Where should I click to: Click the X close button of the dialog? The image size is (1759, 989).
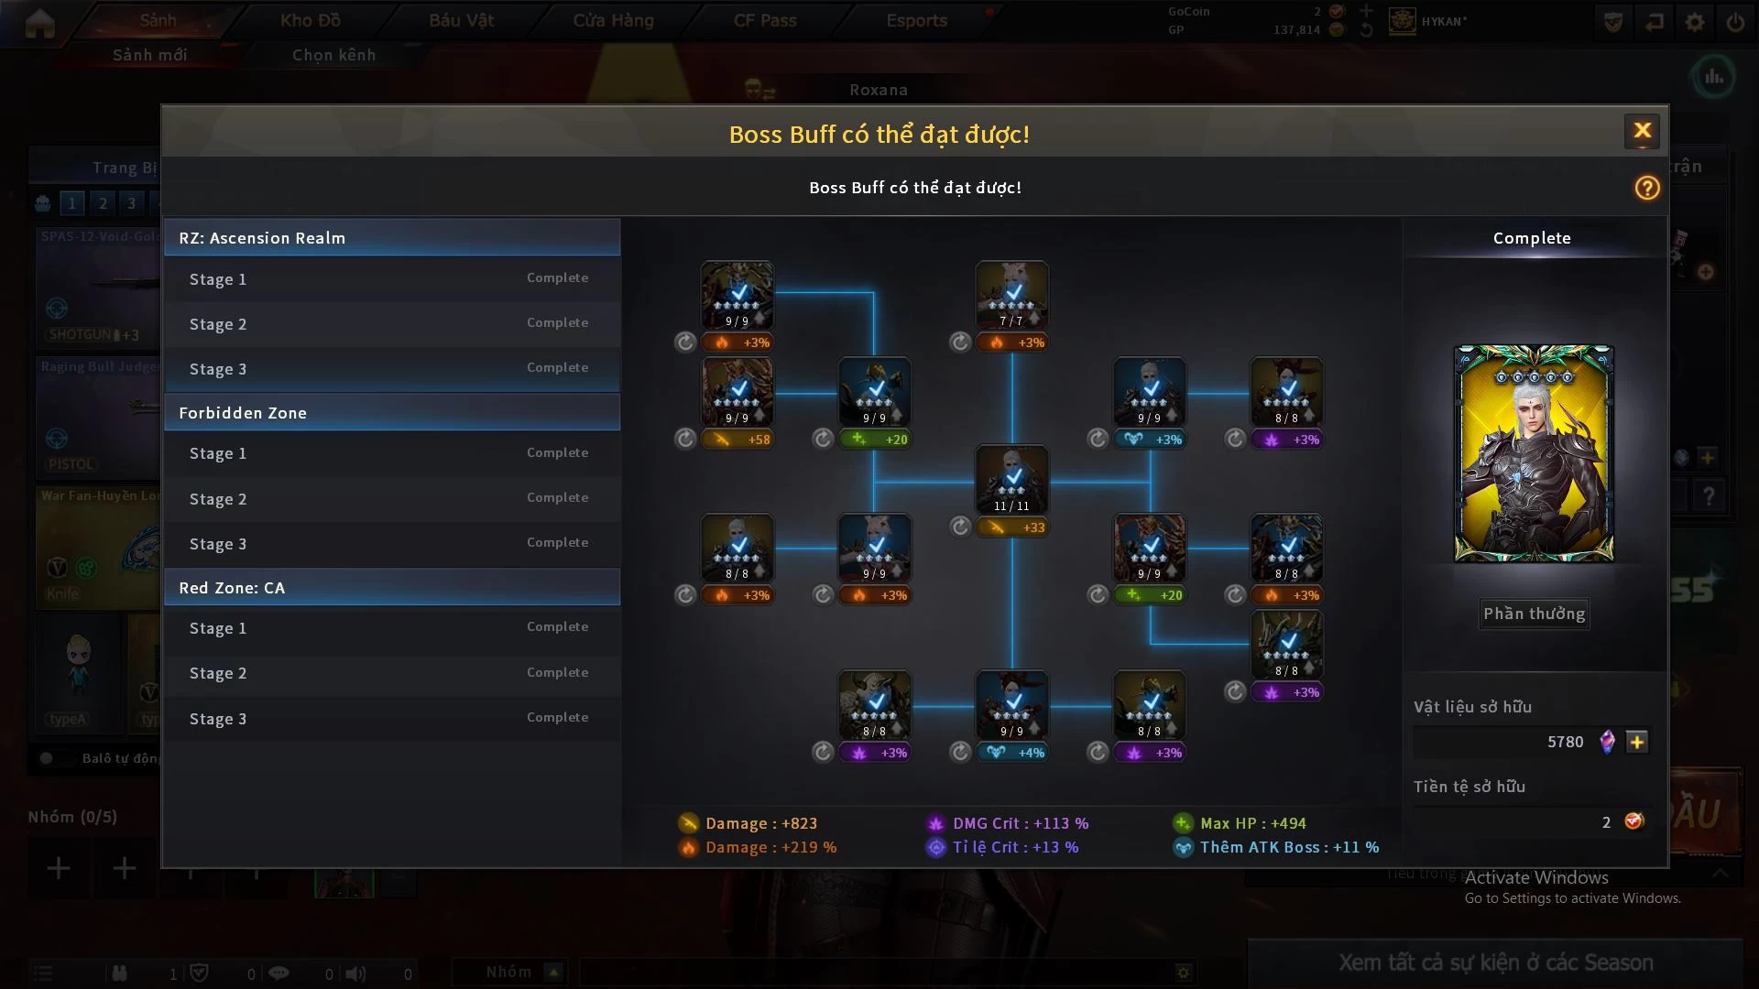(x=1642, y=131)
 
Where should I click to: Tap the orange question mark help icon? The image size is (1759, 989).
(x=1646, y=188)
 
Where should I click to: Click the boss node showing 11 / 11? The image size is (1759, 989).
(x=1011, y=479)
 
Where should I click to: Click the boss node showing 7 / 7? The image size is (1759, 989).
(x=1011, y=295)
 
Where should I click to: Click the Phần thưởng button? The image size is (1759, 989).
(x=1534, y=614)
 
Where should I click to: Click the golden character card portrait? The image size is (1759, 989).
(x=1534, y=453)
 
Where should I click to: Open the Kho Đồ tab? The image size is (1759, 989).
(x=310, y=20)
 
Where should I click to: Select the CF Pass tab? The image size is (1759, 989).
(x=764, y=20)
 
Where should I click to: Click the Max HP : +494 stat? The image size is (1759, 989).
(x=1251, y=823)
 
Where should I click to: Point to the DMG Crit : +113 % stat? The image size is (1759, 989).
(x=1019, y=823)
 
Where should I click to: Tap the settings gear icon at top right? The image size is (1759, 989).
(x=1694, y=22)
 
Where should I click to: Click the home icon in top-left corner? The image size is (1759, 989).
(x=39, y=23)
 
